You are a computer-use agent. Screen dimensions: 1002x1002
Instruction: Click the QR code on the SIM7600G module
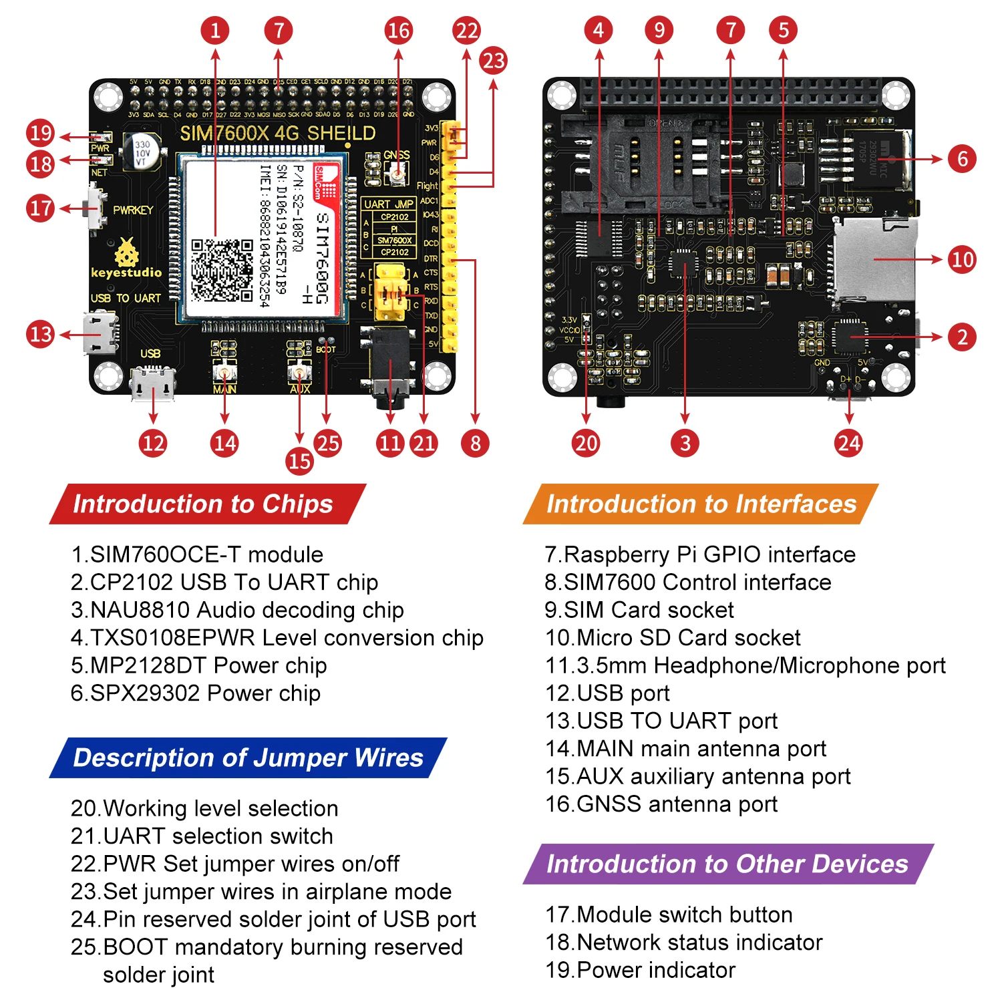coord(222,270)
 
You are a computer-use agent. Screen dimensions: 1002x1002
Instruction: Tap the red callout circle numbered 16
coord(399,31)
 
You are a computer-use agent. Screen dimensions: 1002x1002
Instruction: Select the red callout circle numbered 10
coord(962,259)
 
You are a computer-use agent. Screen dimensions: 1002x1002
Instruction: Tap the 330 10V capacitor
coord(142,152)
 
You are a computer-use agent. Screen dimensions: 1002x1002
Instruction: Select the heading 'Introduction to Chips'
coord(203,504)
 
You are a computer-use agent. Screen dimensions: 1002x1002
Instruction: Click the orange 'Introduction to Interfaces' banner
coord(701,504)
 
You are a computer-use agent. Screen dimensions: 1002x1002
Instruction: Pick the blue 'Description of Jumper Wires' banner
coord(248,758)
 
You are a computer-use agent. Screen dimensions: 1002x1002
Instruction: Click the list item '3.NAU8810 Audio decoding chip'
coord(237,610)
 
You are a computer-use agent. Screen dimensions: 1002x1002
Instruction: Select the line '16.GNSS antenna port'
coord(661,804)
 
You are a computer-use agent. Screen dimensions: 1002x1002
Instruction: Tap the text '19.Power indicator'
coord(640,970)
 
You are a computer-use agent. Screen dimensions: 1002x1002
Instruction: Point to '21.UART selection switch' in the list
coord(202,836)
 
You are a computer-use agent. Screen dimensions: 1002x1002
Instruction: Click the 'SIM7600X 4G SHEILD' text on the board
coord(277,133)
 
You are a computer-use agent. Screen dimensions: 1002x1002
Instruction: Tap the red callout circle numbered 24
coord(848,443)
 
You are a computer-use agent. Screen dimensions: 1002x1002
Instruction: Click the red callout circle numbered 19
coord(41,133)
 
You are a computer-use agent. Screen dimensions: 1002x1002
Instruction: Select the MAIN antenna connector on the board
coord(224,371)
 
